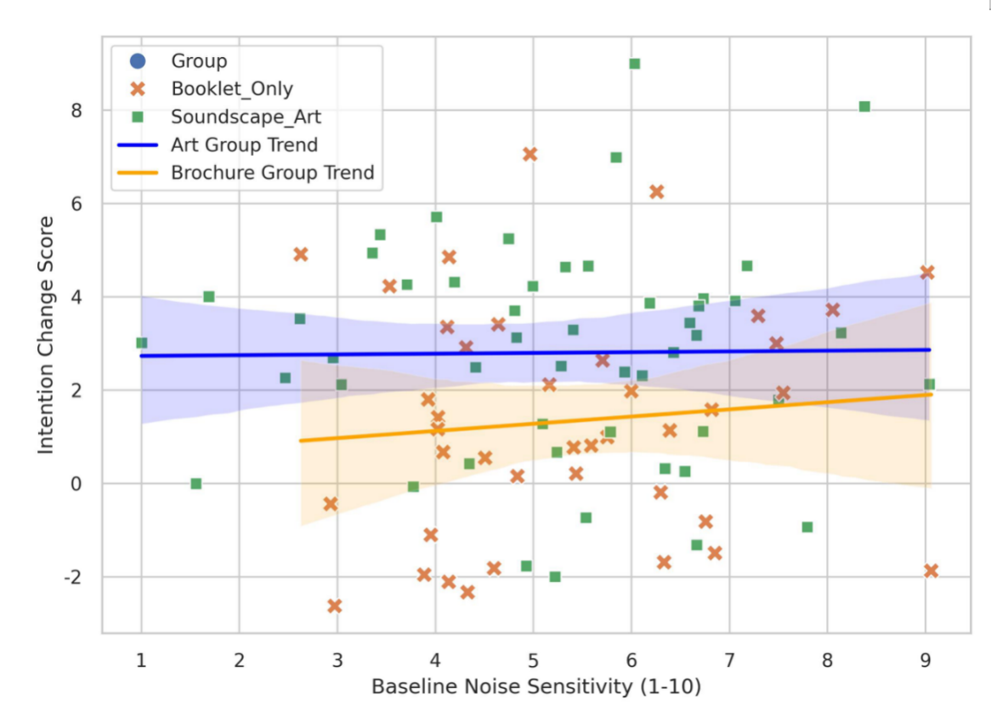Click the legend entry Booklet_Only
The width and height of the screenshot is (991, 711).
tap(231, 88)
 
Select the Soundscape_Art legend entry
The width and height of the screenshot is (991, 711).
tap(246, 117)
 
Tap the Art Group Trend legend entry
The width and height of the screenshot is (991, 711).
tap(244, 145)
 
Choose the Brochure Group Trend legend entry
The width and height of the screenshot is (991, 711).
tap(272, 173)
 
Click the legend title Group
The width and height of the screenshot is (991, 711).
tap(199, 61)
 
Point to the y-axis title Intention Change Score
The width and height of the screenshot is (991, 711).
tap(46, 334)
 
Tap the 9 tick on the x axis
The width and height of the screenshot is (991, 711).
tap(926, 658)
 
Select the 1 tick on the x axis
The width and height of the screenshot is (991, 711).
tap(141, 658)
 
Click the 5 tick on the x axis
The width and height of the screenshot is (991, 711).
tap(533, 658)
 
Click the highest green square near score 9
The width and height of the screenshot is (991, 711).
tap(634, 64)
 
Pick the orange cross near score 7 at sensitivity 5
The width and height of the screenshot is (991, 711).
tap(530, 154)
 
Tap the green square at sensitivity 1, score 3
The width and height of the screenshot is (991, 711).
tap(141, 343)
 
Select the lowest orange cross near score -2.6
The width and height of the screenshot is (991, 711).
tap(335, 606)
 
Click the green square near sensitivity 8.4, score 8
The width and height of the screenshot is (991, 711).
tap(864, 106)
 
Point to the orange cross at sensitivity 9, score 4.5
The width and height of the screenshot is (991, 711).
tap(927, 272)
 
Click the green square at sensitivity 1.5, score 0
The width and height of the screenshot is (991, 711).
tap(196, 484)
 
